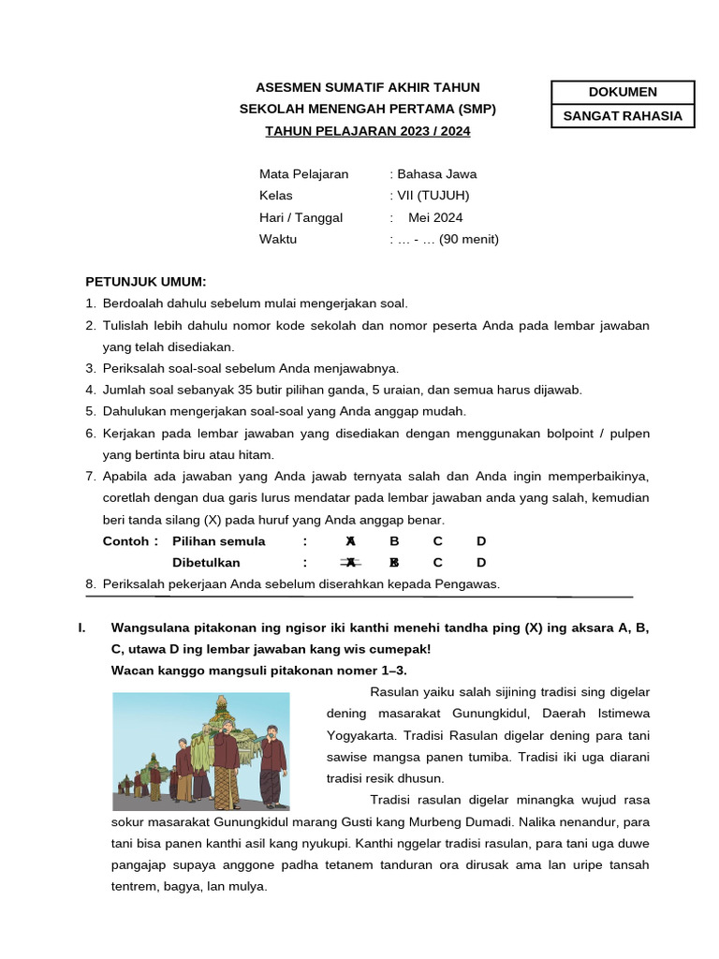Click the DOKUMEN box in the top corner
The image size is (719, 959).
623,92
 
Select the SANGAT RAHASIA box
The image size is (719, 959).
623,116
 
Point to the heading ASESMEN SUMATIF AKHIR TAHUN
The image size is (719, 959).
368,87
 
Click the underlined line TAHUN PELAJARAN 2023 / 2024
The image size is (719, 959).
368,131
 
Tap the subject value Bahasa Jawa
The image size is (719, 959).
437,173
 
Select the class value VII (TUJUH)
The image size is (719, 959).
433,196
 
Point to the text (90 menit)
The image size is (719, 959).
469,239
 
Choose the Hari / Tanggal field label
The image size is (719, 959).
301,217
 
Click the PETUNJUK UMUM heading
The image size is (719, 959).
145,281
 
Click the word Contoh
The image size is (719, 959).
125,541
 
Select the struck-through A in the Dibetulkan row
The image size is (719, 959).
349,563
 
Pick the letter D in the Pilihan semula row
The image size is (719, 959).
481,541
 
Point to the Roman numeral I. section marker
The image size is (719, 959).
81,627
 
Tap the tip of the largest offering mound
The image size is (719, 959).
221,699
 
